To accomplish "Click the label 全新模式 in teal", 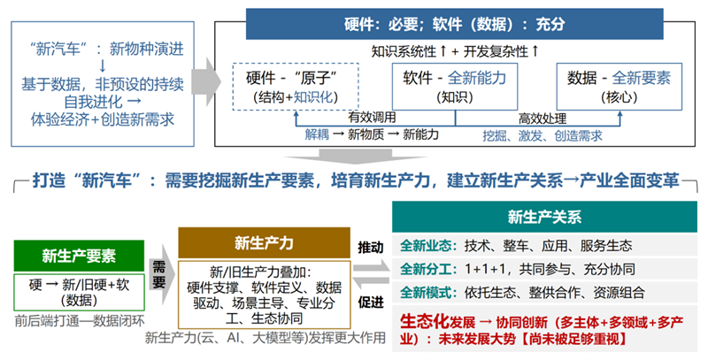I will pos(426,293).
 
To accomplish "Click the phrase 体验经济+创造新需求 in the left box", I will pos(102,117).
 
